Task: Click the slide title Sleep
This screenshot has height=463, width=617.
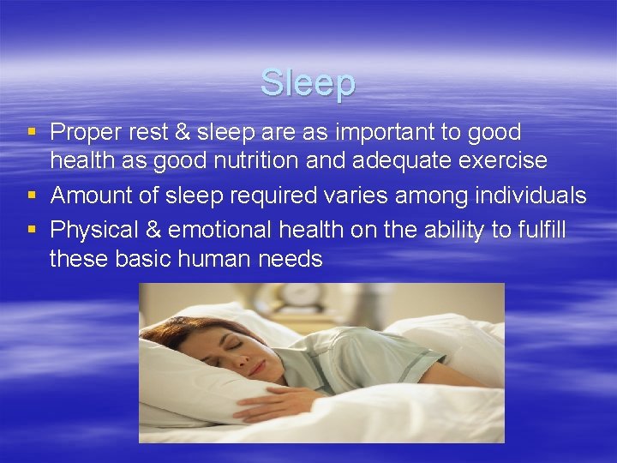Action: point(308,83)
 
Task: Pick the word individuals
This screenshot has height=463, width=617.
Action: point(528,195)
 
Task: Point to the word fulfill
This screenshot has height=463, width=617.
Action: point(540,230)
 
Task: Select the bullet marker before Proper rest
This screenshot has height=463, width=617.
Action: point(32,132)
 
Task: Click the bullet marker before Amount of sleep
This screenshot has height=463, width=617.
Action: point(32,195)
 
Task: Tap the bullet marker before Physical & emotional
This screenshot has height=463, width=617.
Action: point(32,230)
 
